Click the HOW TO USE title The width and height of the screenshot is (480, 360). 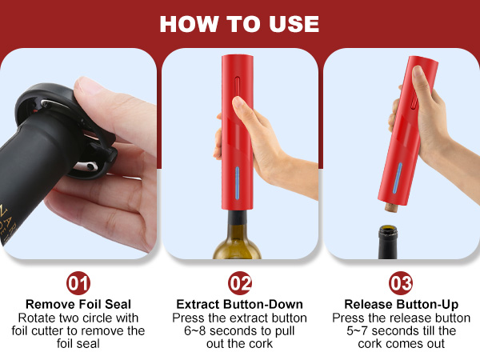click(239, 23)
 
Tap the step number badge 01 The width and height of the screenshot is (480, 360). click(78, 283)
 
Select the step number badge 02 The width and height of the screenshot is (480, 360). click(239, 283)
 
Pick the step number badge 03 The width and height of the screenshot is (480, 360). click(400, 283)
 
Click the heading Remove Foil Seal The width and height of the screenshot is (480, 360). click(78, 304)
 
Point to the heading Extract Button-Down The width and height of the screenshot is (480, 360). click(239, 304)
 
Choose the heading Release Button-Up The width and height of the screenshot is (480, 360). click(400, 304)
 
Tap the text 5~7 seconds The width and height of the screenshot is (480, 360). click(373, 330)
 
